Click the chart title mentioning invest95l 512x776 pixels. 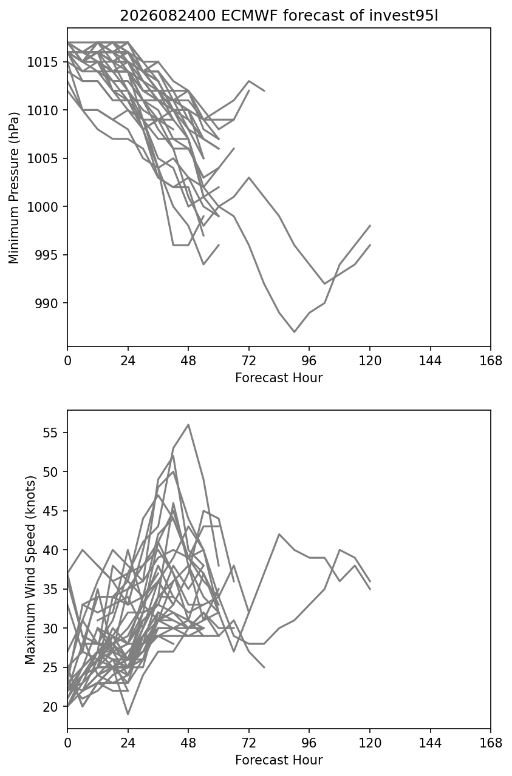coord(279,16)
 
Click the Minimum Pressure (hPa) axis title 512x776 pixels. coord(13,187)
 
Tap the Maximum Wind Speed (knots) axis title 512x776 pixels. coord(30,570)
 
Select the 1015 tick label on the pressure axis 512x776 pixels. coord(43,62)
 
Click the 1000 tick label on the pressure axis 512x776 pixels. coord(43,207)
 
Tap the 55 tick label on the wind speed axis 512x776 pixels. coord(50,433)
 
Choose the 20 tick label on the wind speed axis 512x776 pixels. coord(50,707)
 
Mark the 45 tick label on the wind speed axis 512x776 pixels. coord(50,511)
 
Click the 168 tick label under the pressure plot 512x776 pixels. coord(491,361)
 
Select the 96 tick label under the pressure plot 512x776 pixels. coord(309,361)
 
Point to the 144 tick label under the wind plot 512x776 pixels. coord(430,743)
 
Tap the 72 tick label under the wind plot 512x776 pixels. coord(249,743)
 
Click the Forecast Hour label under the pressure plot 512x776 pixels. coord(279,377)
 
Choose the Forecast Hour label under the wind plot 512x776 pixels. coord(279,760)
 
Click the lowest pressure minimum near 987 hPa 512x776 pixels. coord(294,332)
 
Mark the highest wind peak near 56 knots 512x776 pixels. coord(188,424)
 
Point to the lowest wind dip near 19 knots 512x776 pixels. coord(128,714)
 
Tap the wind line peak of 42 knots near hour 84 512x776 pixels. coord(279,534)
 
